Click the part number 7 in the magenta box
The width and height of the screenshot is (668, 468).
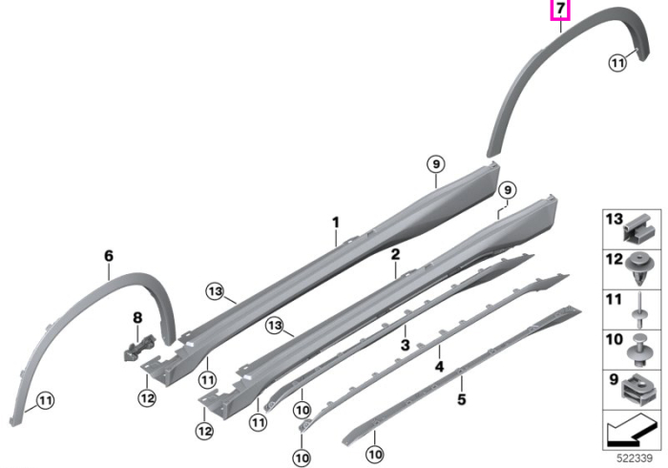click(x=560, y=9)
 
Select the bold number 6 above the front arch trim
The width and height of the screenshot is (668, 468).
click(x=109, y=256)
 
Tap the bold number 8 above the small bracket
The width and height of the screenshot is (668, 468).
click(x=137, y=317)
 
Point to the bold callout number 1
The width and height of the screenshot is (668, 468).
click(x=336, y=223)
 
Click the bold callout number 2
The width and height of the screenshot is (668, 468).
click(x=395, y=254)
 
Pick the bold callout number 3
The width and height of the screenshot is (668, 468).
click(x=405, y=345)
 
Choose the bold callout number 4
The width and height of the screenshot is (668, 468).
click(x=439, y=366)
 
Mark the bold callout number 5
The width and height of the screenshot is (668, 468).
click(x=461, y=399)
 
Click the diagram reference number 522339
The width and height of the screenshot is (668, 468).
click(x=635, y=458)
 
